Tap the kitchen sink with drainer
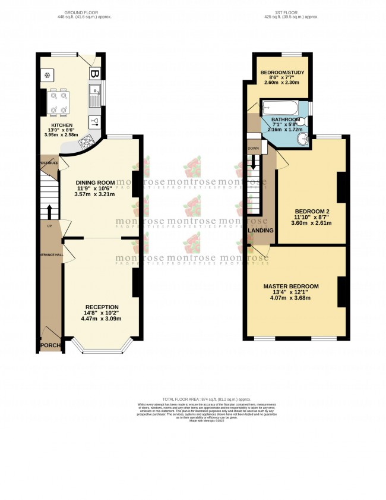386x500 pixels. pos(94,98)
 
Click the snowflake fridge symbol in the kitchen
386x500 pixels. pos(46,75)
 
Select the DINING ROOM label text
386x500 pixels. pos(95,183)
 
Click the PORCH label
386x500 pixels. pos(50,345)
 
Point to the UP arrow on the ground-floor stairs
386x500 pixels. pos(49,211)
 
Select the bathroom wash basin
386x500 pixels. pos(303,139)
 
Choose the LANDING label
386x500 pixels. pos(261,230)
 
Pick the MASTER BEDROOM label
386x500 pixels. pos(291,287)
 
